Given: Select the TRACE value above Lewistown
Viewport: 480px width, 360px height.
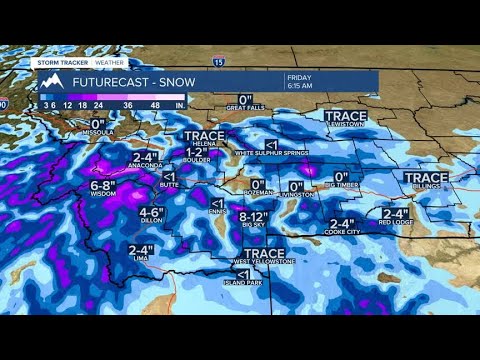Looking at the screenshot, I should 346,116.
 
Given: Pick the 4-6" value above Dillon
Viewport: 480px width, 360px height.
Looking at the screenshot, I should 152,213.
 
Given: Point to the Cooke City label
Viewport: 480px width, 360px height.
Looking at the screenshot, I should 342,233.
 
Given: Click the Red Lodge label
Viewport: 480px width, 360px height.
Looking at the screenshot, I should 397,223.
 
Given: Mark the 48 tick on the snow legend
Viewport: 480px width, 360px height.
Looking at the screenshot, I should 154,103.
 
